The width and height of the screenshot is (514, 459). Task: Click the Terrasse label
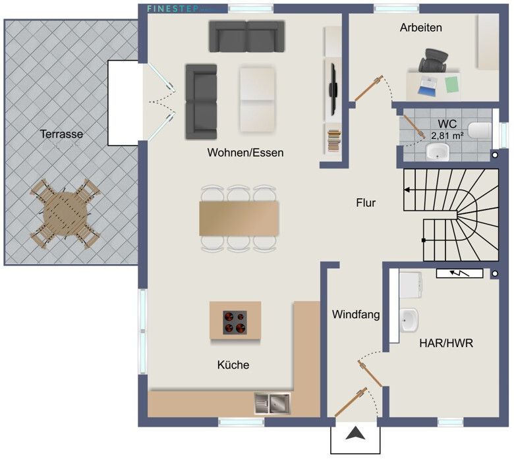[x=61, y=134]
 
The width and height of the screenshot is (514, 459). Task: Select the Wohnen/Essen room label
[x=245, y=153]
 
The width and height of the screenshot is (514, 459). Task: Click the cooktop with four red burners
[x=235, y=321]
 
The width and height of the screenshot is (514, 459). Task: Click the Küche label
[x=233, y=364]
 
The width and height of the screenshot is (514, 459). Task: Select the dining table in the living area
[x=239, y=218]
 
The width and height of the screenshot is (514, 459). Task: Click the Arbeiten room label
[x=420, y=28]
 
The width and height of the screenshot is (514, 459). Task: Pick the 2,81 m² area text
[x=447, y=136]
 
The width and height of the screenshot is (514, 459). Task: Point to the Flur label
[x=365, y=203]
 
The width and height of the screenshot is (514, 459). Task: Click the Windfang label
[x=356, y=315]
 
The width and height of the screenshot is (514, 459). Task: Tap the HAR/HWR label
[x=446, y=343]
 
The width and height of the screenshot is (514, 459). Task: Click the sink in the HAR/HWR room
[x=409, y=321]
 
